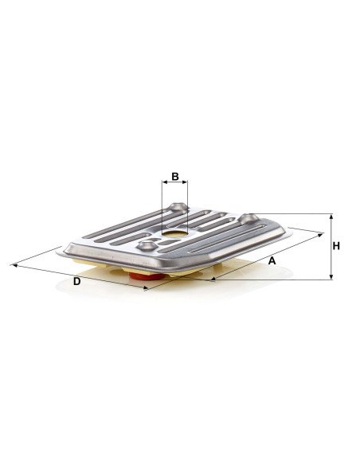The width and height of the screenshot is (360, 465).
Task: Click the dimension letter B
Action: coord(175,177)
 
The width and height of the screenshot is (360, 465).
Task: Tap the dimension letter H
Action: coord(336,246)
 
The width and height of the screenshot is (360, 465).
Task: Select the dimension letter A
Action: coord(272,261)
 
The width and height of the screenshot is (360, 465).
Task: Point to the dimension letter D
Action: coord(76,281)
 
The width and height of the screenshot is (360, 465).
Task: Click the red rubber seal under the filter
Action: coord(147,276)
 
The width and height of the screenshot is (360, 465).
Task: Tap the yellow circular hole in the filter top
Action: coord(175,234)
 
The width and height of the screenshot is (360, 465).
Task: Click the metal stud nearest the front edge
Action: coord(147,245)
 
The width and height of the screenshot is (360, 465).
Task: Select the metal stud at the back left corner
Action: coord(178,207)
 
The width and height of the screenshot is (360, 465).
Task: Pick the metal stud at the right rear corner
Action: coord(248,218)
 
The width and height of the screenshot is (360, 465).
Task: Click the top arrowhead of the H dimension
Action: coord(331,217)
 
